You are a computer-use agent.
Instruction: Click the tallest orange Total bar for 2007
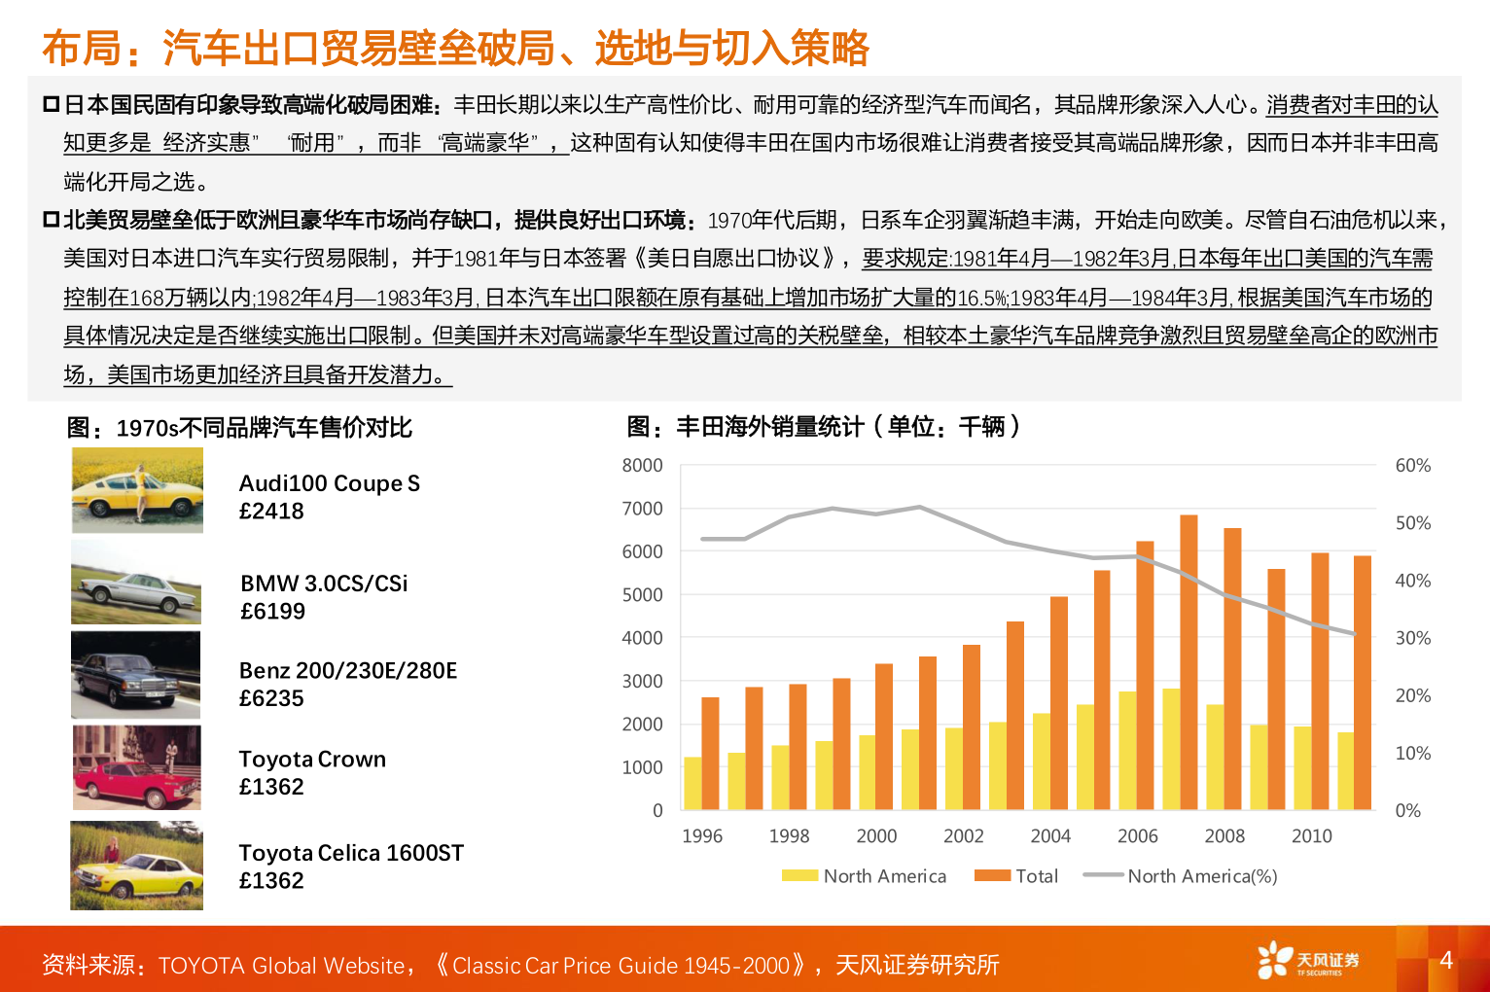tap(1188, 661)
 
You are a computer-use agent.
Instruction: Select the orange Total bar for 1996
tap(710, 753)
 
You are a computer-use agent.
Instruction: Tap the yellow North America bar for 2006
tap(1127, 750)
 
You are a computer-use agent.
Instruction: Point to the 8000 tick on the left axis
tap(643, 466)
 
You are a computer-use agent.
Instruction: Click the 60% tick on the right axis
tap(1412, 466)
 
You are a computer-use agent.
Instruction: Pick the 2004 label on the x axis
tap(1050, 836)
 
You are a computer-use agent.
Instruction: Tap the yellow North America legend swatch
tap(799, 876)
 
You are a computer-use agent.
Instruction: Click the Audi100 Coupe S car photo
tap(137, 490)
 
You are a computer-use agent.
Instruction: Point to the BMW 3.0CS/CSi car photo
tap(136, 583)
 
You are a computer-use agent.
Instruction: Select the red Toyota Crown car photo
tap(137, 767)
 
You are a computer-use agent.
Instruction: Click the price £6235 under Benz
tap(271, 699)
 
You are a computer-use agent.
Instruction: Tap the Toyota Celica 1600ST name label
tap(351, 853)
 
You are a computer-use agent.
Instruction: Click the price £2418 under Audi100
tap(271, 512)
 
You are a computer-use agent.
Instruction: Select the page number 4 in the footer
tap(1445, 960)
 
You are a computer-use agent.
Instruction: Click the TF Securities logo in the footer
tap(1307, 961)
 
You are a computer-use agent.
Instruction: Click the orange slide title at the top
tap(455, 48)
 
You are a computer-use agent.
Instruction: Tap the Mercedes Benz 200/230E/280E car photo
tap(136, 675)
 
